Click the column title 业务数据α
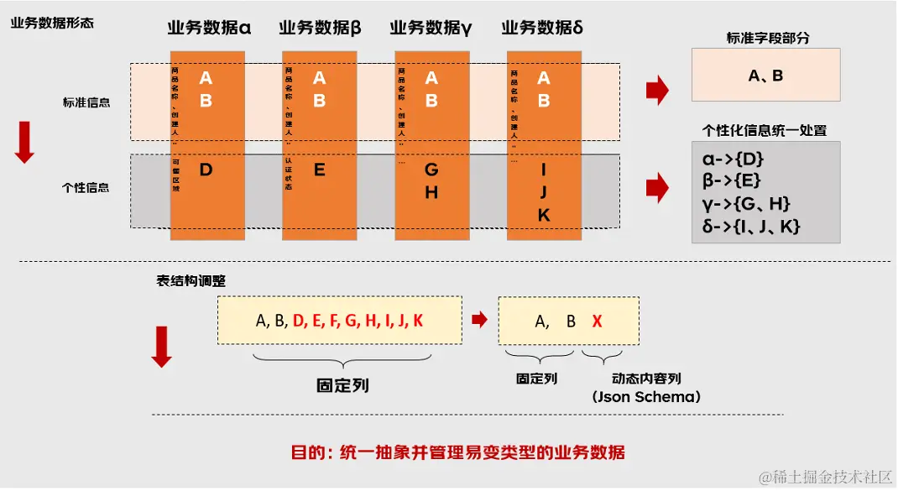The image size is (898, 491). coord(209,28)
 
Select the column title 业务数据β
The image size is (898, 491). coord(320,28)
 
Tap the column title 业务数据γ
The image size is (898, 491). coord(431,28)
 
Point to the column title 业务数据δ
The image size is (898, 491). coord(542,28)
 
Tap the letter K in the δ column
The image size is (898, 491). coord(543,216)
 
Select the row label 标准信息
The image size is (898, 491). coord(86,102)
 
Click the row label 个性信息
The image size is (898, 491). coord(86,187)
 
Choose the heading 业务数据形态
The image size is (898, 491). coord(52,23)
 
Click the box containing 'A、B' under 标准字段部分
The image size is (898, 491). coord(765,75)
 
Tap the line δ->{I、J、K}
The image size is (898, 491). coord(749,226)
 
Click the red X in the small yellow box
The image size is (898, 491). coord(597,321)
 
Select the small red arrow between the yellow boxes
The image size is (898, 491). coord(479,319)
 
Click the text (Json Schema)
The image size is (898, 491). coord(645,396)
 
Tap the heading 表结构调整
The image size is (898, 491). coord(191,281)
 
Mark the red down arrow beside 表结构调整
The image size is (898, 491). coord(162,347)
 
